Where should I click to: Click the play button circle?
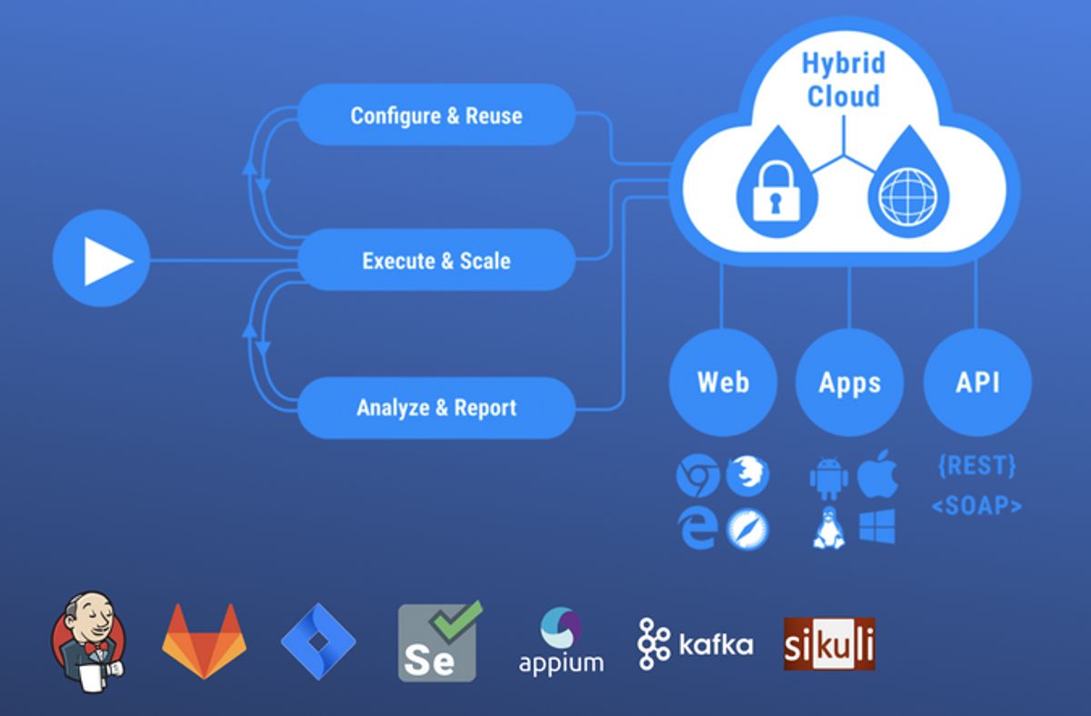click(101, 261)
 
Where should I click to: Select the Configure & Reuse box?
click(436, 115)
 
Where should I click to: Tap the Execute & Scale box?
click(436, 261)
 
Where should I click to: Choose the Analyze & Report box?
click(436, 407)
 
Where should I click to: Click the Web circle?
click(723, 382)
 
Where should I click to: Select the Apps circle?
click(849, 382)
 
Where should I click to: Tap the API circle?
click(977, 382)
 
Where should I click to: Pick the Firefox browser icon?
click(748, 475)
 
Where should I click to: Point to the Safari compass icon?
click(748, 528)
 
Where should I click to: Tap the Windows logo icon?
click(877, 526)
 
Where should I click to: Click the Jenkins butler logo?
click(88, 636)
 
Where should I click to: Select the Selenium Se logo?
click(438, 642)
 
